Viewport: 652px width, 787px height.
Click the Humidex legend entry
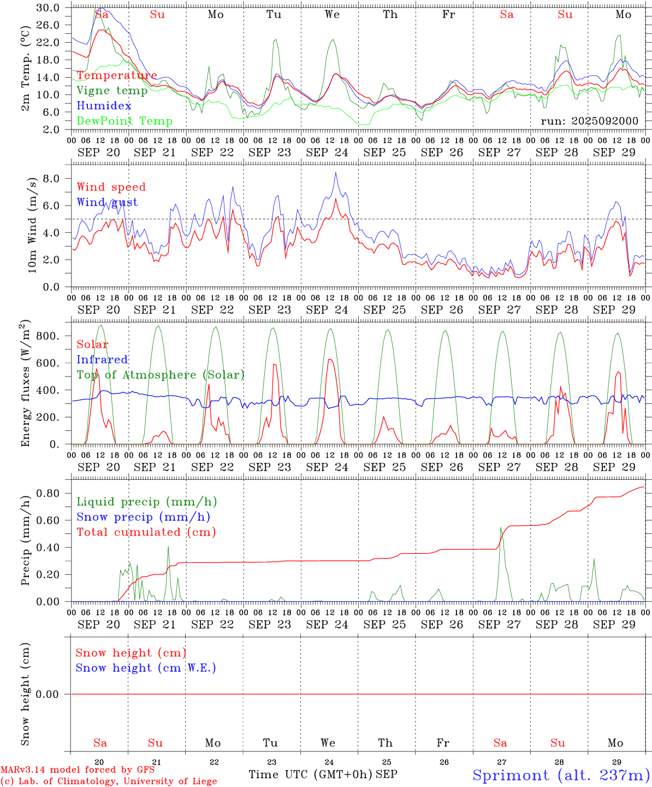click(104, 106)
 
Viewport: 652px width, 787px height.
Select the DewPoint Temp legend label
click(125, 121)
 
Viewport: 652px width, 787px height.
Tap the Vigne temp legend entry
click(112, 91)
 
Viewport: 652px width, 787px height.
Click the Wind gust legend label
click(107, 202)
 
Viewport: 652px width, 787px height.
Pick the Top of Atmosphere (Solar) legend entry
click(161, 375)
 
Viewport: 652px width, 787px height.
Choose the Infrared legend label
click(102, 360)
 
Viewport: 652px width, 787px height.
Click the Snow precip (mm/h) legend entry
click(143, 517)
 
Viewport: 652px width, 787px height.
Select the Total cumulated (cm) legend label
click(146, 532)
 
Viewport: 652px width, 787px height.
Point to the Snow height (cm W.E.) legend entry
click(146, 668)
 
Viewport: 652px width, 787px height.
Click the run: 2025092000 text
click(589, 121)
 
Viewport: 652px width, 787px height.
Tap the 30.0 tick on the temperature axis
click(48, 8)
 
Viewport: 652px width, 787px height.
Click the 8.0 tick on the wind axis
click(50, 178)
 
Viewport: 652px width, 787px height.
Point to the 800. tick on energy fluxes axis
click(47, 336)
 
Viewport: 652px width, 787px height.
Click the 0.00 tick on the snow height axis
click(48, 694)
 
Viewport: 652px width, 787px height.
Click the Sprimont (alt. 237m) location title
click(561, 775)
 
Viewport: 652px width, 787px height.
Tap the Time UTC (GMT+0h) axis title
click(310, 774)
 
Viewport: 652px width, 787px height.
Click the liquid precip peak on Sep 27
click(501, 527)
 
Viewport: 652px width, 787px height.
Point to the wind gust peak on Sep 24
click(336, 173)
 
